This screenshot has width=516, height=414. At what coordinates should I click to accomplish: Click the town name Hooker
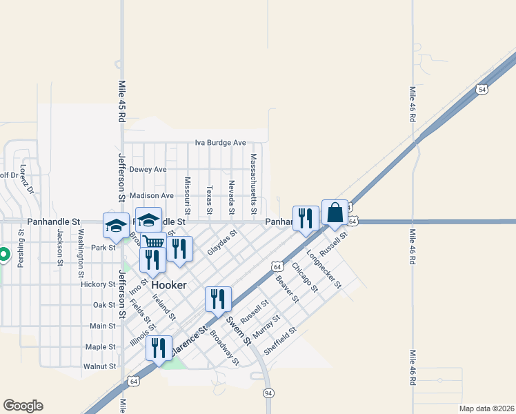pyautogui.click(x=169, y=284)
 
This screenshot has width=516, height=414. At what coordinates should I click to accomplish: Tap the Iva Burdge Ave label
pyautogui.click(x=220, y=143)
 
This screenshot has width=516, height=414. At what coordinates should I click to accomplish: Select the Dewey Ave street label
pyautogui.click(x=148, y=169)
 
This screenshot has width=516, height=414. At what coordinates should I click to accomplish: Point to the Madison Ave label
pyautogui.click(x=152, y=196)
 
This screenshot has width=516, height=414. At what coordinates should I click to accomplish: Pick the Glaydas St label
pyautogui.click(x=222, y=243)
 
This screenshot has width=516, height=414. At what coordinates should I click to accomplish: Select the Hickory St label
pyautogui.click(x=97, y=284)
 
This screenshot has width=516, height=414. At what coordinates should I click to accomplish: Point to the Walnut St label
pyautogui.click(x=99, y=367)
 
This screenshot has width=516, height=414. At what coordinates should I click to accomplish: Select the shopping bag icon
pyautogui.click(x=335, y=213)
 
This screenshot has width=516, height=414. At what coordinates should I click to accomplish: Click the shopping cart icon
pyautogui.click(x=153, y=241)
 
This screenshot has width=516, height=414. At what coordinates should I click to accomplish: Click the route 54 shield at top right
pyautogui.click(x=482, y=90)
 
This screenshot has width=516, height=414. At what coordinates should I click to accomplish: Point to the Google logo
pyautogui.click(x=23, y=406)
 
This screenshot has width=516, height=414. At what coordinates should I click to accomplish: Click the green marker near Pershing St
pyautogui.click(x=3, y=255)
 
